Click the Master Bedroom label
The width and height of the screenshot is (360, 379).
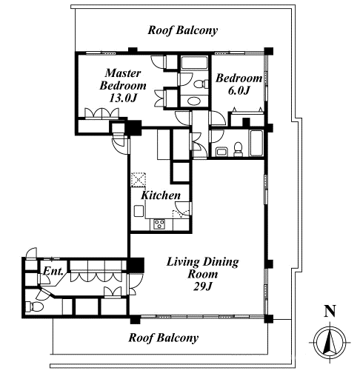123,79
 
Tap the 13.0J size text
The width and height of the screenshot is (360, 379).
123,98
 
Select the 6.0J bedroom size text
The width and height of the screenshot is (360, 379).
239,91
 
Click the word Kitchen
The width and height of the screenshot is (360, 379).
161,195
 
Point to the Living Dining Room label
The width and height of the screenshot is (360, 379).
203,268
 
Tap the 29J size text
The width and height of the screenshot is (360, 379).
203,286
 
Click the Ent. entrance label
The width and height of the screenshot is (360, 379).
53,271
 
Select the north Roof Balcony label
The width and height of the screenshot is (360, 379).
183,30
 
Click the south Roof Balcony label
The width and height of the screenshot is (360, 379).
163,338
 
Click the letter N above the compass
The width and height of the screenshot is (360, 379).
330,311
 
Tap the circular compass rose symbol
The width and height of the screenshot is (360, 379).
330,343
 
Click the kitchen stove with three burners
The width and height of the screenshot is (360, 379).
159,224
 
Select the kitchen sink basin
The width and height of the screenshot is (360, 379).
139,211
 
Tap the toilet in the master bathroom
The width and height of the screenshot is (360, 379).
201,84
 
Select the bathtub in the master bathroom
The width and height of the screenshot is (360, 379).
194,63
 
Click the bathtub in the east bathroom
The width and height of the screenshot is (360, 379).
256,143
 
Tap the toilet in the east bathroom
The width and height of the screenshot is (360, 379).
239,150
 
